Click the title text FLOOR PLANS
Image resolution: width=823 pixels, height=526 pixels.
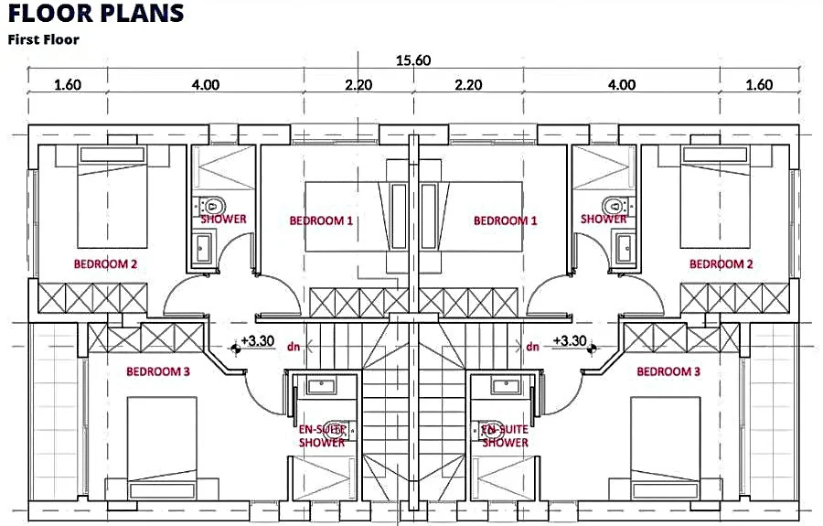click(x=96, y=14)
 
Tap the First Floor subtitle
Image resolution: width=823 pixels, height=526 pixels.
click(x=44, y=39)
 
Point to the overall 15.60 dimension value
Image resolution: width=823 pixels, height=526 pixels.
click(x=412, y=61)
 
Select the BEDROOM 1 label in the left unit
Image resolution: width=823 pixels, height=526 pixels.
click(x=321, y=220)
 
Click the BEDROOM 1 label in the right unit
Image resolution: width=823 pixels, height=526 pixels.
click(x=505, y=220)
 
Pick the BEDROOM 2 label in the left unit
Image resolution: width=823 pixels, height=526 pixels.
click(x=105, y=264)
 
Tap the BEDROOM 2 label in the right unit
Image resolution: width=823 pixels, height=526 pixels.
click(x=721, y=264)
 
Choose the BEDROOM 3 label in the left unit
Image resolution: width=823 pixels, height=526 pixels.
click(x=158, y=372)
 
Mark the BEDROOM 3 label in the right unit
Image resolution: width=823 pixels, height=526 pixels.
click(x=668, y=372)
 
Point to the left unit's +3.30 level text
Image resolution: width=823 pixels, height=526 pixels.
click(x=259, y=340)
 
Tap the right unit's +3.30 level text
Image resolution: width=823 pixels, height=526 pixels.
click(x=569, y=340)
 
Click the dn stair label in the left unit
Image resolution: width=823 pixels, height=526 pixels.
click(x=294, y=347)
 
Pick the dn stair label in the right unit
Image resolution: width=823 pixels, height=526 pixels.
click(x=531, y=347)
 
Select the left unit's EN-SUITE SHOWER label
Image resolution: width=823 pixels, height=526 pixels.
click(x=322, y=435)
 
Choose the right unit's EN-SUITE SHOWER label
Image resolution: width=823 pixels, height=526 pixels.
click(x=505, y=435)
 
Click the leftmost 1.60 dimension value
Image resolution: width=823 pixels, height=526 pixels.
click(x=68, y=85)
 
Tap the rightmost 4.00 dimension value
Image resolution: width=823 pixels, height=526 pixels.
click(x=621, y=85)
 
